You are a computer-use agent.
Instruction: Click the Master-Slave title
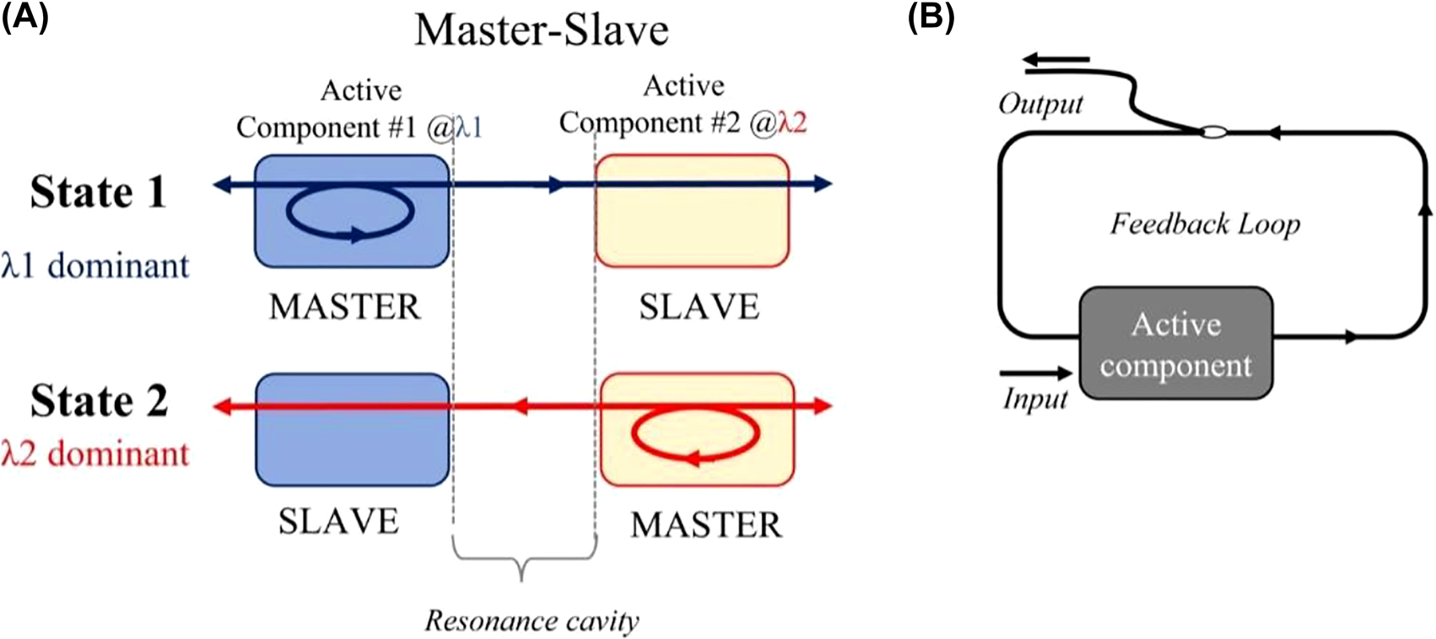click(x=541, y=31)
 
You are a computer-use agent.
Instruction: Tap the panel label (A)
click(x=24, y=16)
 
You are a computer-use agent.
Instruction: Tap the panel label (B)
click(x=931, y=18)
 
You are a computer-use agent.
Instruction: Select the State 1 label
click(x=99, y=192)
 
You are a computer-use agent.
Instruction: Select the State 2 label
click(x=99, y=400)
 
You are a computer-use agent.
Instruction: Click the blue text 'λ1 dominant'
click(x=94, y=266)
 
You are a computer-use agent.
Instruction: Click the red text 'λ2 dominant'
click(x=94, y=453)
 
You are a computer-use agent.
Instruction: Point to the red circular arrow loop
click(x=696, y=434)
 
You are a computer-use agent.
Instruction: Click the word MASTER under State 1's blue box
click(x=344, y=307)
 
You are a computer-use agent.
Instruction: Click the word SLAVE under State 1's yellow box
click(x=699, y=307)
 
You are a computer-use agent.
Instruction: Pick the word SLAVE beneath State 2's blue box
click(x=338, y=521)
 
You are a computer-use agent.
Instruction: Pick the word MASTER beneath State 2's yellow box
click(x=706, y=525)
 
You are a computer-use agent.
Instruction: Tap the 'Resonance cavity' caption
click(x=532, y=621)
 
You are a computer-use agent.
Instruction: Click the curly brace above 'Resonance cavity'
click(x=523, y=560)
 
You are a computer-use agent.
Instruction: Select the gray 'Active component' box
click(x=1175, y=344)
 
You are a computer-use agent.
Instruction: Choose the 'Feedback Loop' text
click(x=1205, y=224)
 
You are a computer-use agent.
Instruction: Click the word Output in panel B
click(x=1040, y=104)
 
